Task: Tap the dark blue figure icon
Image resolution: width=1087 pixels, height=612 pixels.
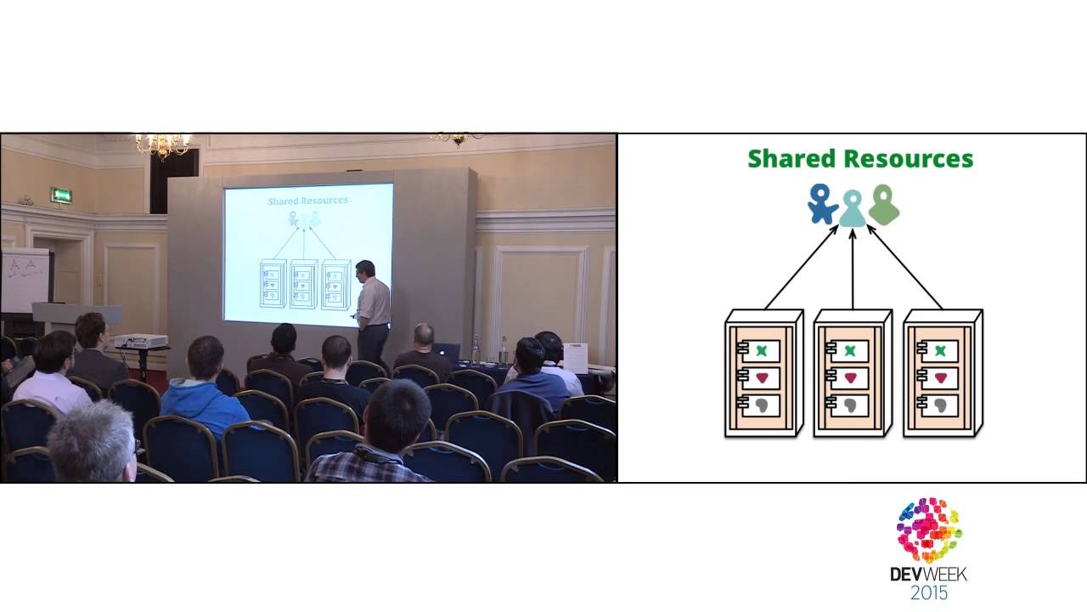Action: (821, 204)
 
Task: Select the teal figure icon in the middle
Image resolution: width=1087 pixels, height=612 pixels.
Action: (853, 209)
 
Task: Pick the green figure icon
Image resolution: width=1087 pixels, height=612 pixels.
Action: (884, 205)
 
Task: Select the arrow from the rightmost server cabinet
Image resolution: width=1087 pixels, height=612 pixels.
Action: (904, 267)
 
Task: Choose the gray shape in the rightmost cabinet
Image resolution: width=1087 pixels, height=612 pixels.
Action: (939, 405)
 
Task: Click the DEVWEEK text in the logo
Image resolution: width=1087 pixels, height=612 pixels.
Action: (928, 574)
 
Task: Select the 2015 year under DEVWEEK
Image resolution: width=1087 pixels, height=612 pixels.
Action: (928, 592)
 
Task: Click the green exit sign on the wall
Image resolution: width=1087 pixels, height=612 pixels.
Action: (61, 195)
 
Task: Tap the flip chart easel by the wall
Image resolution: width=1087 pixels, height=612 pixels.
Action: (25, 280)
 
